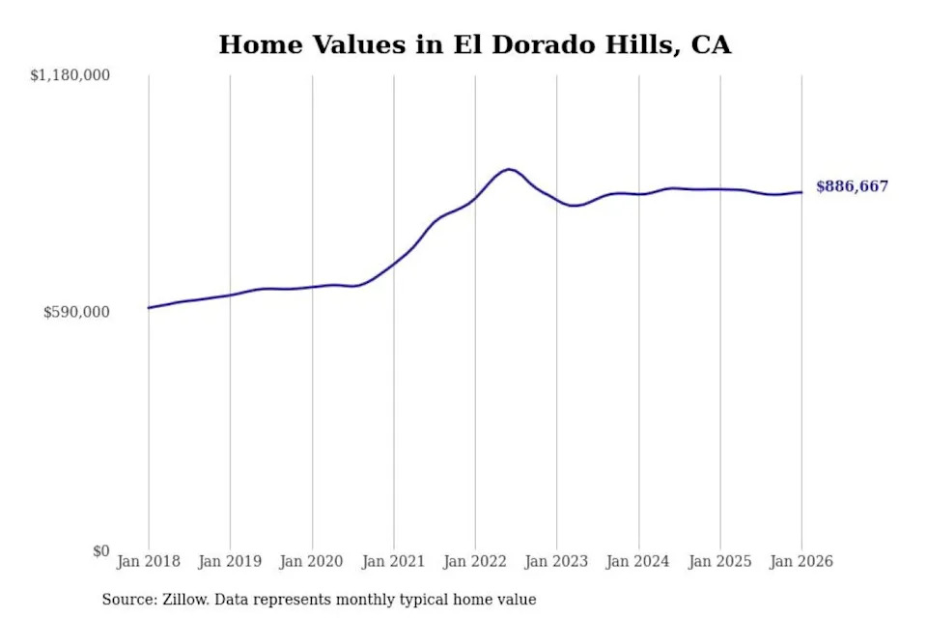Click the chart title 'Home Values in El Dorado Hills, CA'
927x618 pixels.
click(x=474, y=44)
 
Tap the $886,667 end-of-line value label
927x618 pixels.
click(x=852, y=186)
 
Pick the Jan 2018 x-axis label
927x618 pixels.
click(x=148, y=561)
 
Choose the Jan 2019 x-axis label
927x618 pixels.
click(x=230, y=561)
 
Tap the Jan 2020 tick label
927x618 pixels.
click(x=312, y=561)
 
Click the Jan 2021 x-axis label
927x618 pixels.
click(x=393, y=561)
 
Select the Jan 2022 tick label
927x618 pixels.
click(x=475, y=561)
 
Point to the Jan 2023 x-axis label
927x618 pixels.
click(x=556, y=561)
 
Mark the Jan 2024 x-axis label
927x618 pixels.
click(x=638, y=561)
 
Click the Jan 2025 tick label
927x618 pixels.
click(x=719, y=561)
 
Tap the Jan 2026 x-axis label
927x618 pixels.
click(x=801, y=561)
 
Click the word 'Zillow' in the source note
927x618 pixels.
click(x=183, y=600)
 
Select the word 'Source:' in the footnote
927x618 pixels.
click(x=127, y=600)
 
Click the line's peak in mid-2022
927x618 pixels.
click(x=509, y=169)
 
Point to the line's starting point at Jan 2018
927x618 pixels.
click(x=149, y=307)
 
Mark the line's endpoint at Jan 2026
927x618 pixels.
click(x=801, y=192)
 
